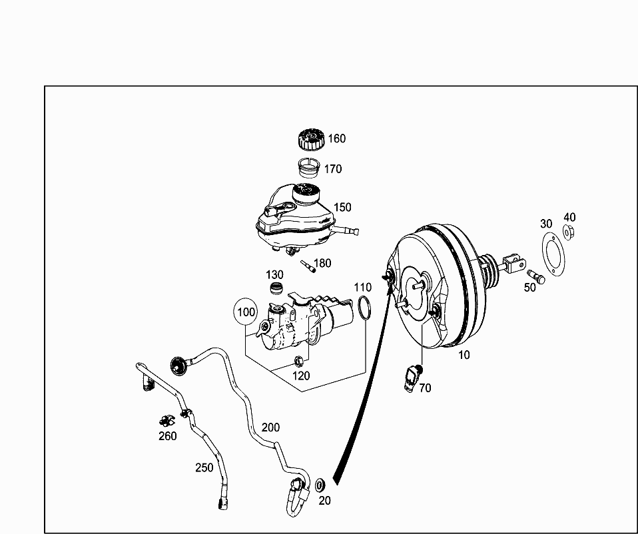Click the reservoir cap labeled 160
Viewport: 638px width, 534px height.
click(311, 138)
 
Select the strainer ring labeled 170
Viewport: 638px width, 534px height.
click(310, 166)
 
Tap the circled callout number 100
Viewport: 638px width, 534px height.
click(246, 312)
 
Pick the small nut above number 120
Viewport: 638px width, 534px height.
click(299, 361)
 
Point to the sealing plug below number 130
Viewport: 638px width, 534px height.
click(276, 288)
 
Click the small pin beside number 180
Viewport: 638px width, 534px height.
click(308, 266)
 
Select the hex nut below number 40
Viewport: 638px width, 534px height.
click(569, 232)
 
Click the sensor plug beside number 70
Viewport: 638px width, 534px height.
click(412, 378)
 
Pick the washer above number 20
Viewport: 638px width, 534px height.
click(320, 484)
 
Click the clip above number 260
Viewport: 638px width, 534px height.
click(166, 421)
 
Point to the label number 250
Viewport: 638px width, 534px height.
click(204, 467)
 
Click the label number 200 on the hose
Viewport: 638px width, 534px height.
click(270, 427)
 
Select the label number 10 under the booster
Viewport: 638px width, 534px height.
click(464, 355)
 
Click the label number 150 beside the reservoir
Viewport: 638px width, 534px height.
click(342, 207)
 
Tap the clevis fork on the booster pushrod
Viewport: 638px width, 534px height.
click(513, 263)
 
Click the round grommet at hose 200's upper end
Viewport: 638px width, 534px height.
click(178, 366)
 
